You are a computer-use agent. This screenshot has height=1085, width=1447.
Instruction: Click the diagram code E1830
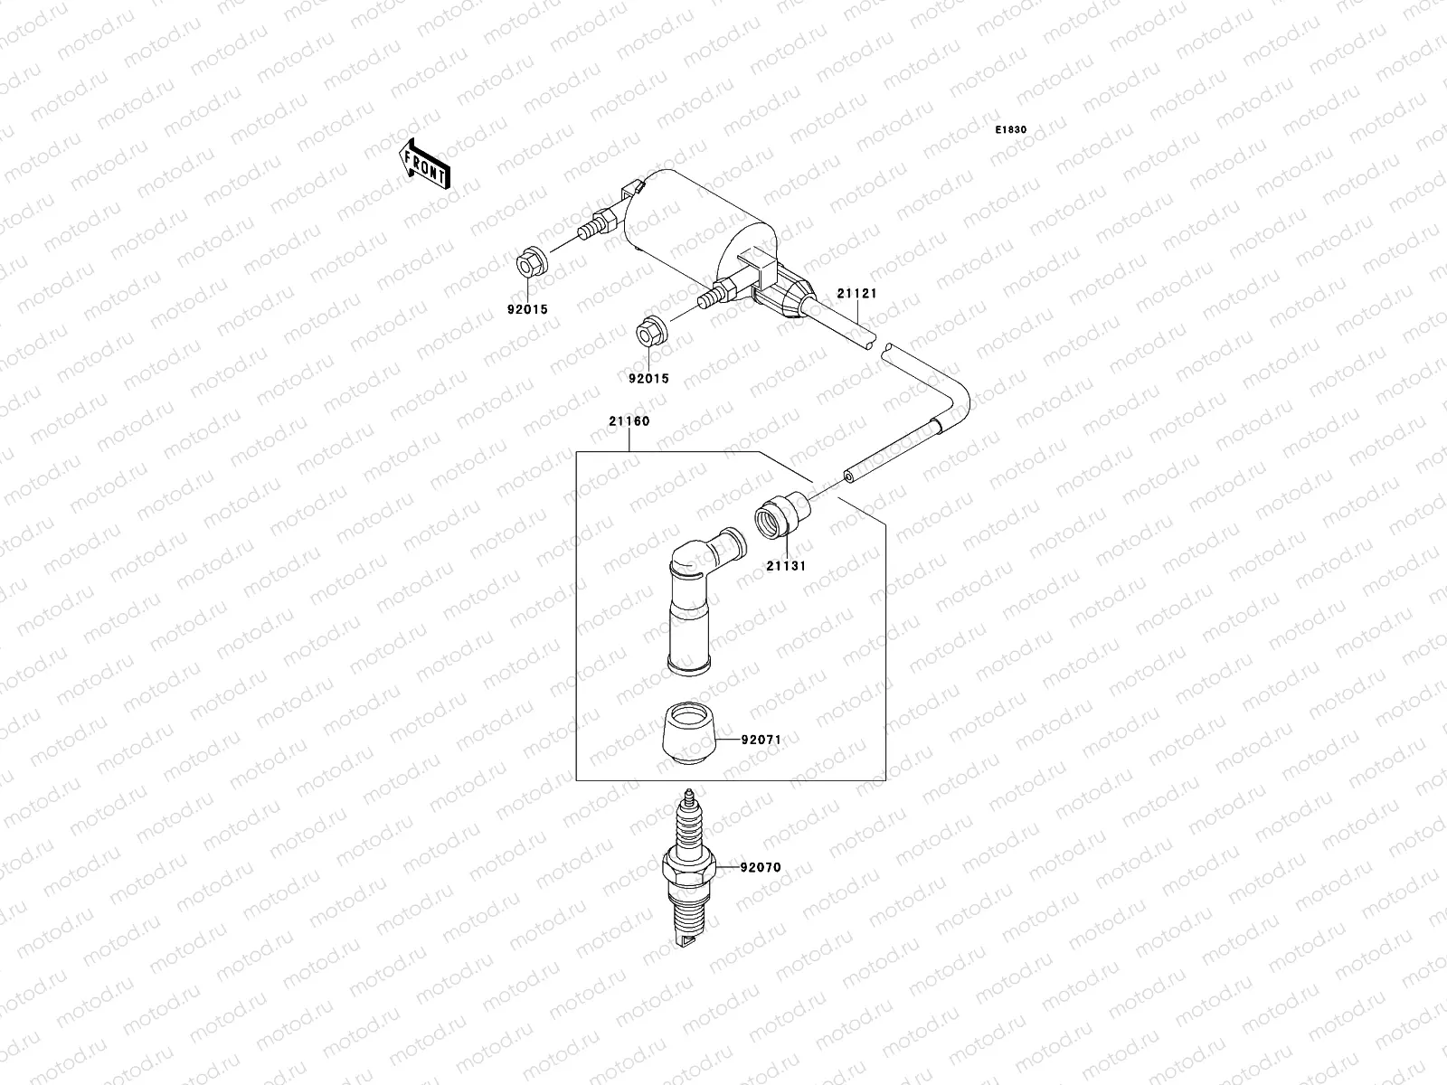pyautogui.click(x=1011, y=130)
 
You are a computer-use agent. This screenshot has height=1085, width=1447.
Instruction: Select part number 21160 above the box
pyautogui.click(x=629, y=421)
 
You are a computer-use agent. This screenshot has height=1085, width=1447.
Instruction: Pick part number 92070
pyautogui.click(x=760, y=867)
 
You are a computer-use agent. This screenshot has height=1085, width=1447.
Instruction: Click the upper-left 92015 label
pyautogui.click(x=526, y=309)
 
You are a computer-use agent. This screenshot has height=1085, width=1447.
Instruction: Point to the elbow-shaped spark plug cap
pyautogui.click(x=696, y=597)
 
